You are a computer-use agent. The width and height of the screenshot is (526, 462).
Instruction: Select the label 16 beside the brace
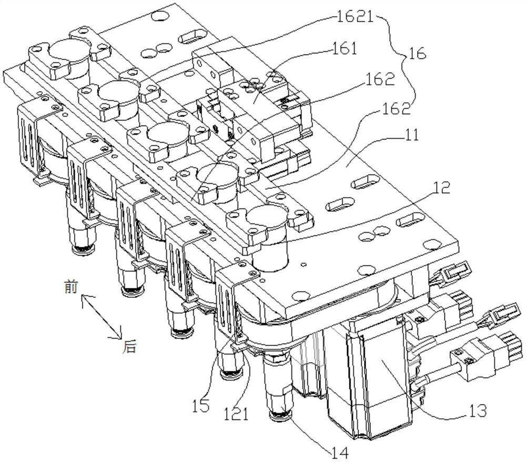point(417,54)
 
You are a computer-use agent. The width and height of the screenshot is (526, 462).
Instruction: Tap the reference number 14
point(339,453)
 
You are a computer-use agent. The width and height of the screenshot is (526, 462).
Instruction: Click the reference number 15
point(200,406)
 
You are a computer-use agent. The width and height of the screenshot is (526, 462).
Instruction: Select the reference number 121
point(237,414)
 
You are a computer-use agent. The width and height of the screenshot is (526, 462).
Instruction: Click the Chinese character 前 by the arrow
point(71,287)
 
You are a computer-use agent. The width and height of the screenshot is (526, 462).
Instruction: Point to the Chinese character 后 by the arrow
point(129,347)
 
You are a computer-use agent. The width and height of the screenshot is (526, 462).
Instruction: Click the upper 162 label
point(381,79)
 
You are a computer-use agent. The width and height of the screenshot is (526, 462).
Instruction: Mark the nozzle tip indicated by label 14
point(281,416)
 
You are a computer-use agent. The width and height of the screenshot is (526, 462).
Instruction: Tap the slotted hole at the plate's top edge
point(191,36)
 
